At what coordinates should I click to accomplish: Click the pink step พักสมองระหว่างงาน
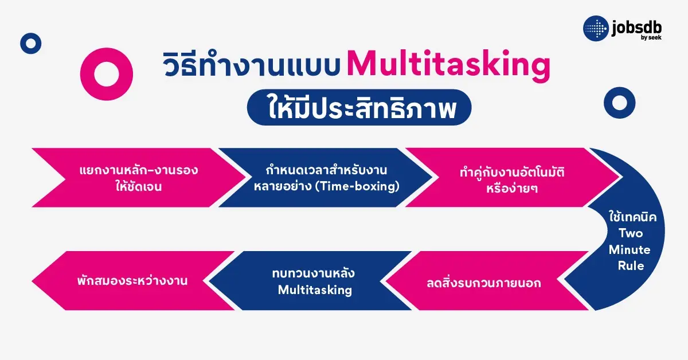coord(132,281)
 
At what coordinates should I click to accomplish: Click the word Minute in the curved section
coord(629,250)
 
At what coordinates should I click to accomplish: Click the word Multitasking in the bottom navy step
coord(315,290)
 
